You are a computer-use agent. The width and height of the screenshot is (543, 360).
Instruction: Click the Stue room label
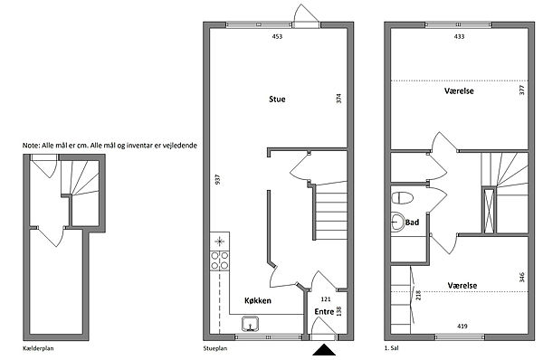277,99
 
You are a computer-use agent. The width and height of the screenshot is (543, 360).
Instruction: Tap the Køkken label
258,300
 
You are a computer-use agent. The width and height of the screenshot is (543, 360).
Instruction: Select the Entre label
324,311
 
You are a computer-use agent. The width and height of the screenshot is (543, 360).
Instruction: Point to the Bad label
412,223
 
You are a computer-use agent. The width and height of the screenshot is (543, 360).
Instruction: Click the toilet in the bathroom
402,198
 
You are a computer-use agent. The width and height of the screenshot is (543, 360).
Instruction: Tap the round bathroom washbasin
397,222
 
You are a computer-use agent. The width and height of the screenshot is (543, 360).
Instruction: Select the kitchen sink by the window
250,324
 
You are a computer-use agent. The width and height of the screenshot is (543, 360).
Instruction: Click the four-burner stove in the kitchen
220,261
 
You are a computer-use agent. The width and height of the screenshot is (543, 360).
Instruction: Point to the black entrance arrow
324,350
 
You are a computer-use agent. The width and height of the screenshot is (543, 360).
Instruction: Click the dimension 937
217,179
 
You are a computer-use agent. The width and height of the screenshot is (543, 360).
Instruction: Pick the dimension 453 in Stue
277,36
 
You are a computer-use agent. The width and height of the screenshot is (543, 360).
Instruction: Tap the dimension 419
462,326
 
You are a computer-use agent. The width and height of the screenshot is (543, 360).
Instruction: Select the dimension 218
418,295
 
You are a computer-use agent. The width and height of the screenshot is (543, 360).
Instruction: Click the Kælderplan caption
38,348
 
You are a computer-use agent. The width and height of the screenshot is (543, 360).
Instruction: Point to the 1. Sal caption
392,348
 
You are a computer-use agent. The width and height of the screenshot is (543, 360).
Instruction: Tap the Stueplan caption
215,348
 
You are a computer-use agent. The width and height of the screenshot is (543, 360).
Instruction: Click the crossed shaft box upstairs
489,211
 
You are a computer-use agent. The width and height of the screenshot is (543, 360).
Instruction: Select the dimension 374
339,99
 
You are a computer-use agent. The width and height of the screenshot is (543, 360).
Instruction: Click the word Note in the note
31,146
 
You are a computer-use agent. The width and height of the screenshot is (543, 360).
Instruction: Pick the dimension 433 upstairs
459,36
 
